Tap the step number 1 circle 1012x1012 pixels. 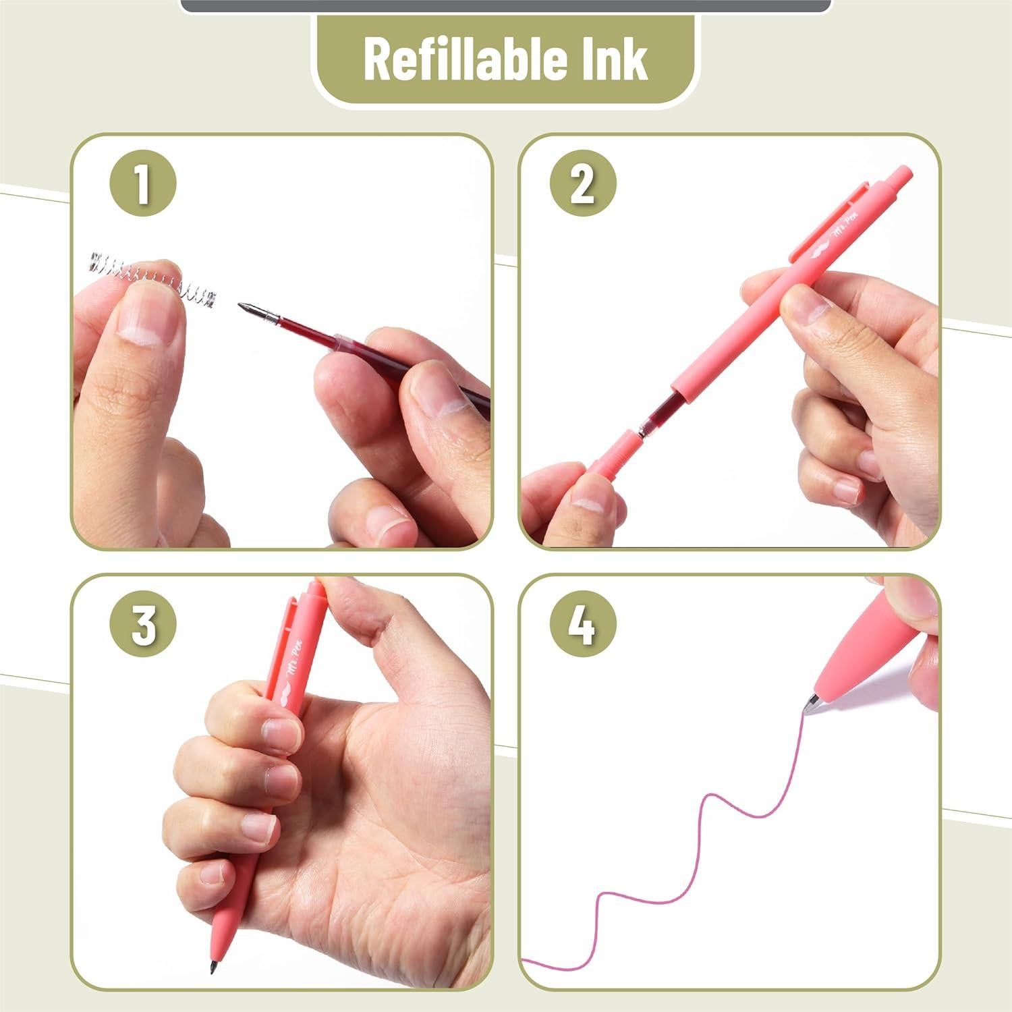click(142, 184)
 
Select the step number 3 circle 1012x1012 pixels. click(142, 625)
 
